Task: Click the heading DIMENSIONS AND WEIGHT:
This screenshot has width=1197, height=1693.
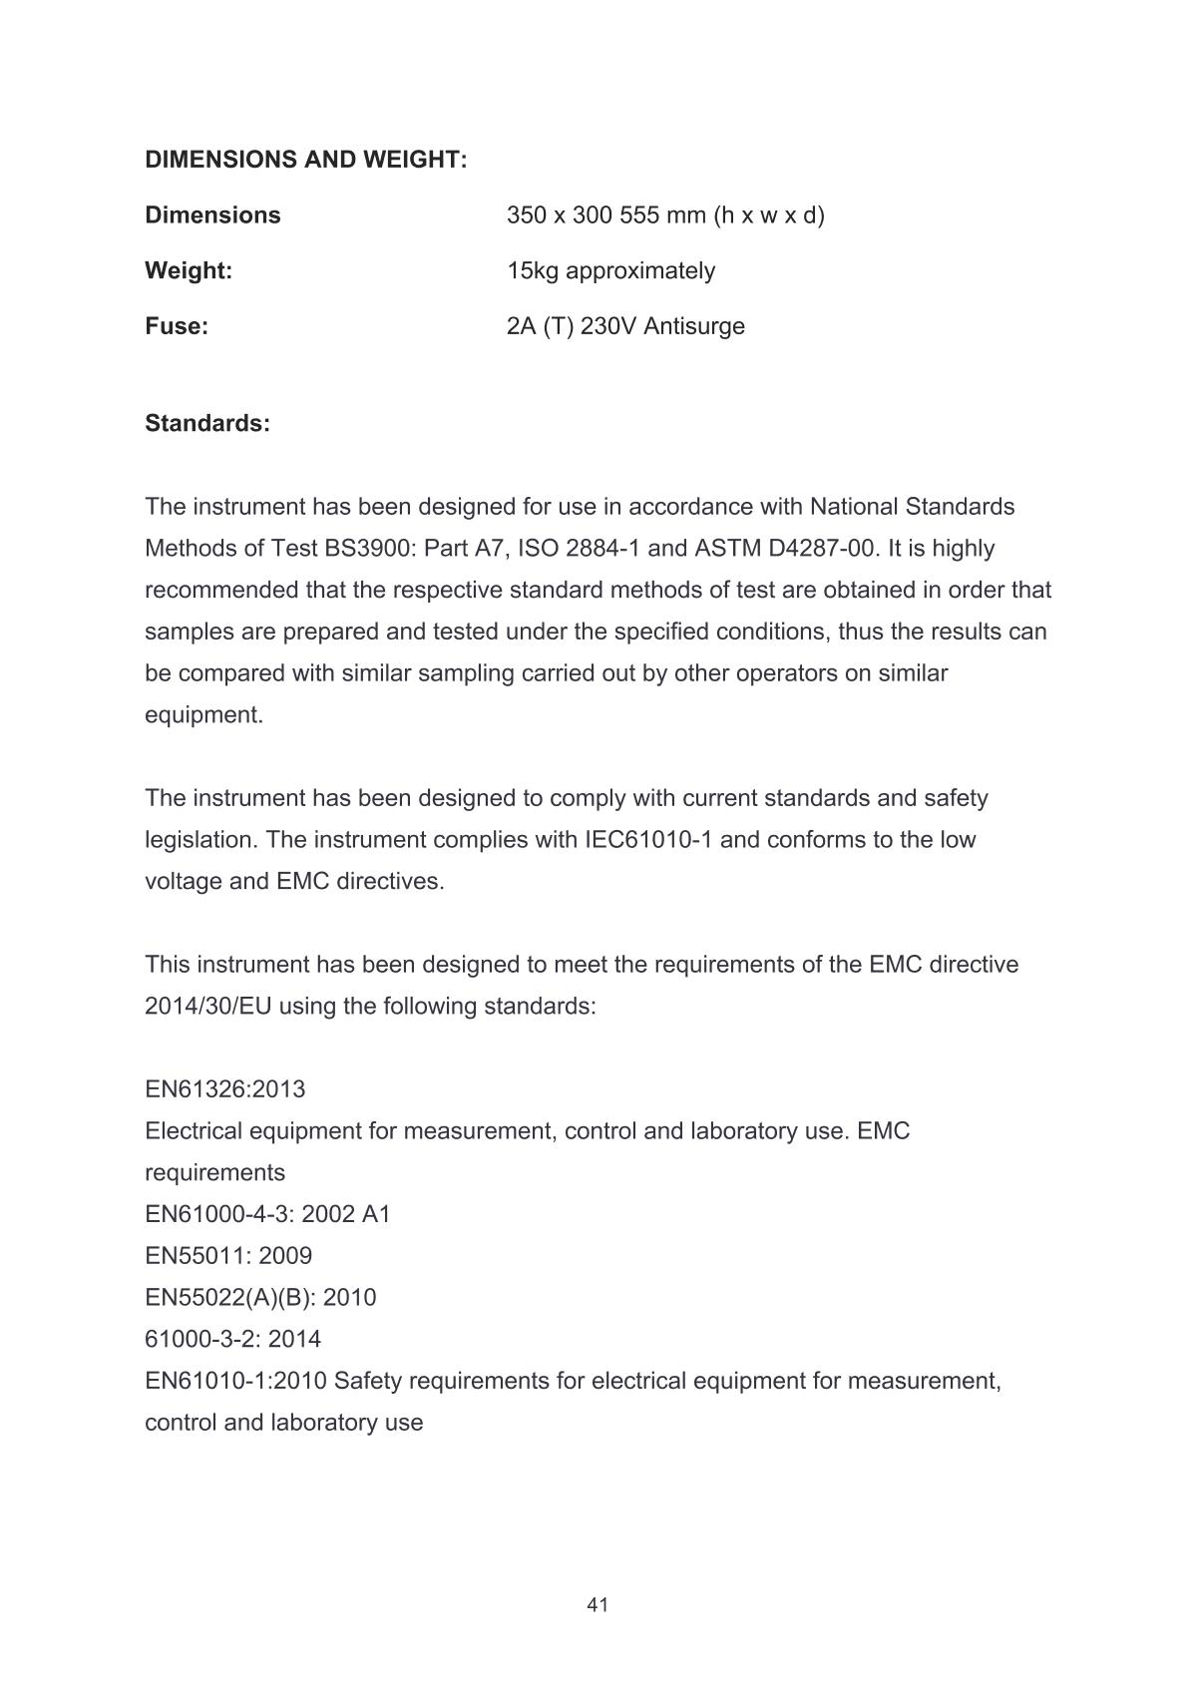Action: point(305,160)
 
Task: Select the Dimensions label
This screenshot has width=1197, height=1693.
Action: point(212,215)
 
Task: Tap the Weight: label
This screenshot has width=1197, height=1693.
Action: point(189,271)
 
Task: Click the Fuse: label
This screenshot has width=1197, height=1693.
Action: point(177,327)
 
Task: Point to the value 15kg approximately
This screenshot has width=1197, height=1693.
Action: point(610,271)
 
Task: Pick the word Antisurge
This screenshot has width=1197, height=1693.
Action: point(694,327)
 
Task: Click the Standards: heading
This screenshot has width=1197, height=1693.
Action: point(207,423)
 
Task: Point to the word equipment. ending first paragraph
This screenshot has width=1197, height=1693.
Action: point(204,715)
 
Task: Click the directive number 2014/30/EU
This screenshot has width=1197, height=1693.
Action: point(208,1007)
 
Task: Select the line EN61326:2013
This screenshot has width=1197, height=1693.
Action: point(225,1089)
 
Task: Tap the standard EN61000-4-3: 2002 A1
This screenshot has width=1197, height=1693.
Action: point(267,1215)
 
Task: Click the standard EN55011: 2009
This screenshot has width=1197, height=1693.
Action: point(228,1256)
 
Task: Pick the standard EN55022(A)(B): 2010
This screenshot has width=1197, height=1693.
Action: point(260,1298)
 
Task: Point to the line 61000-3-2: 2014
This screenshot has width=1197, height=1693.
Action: point(233,1340)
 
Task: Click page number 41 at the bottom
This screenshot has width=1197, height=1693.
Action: point(598,1605)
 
